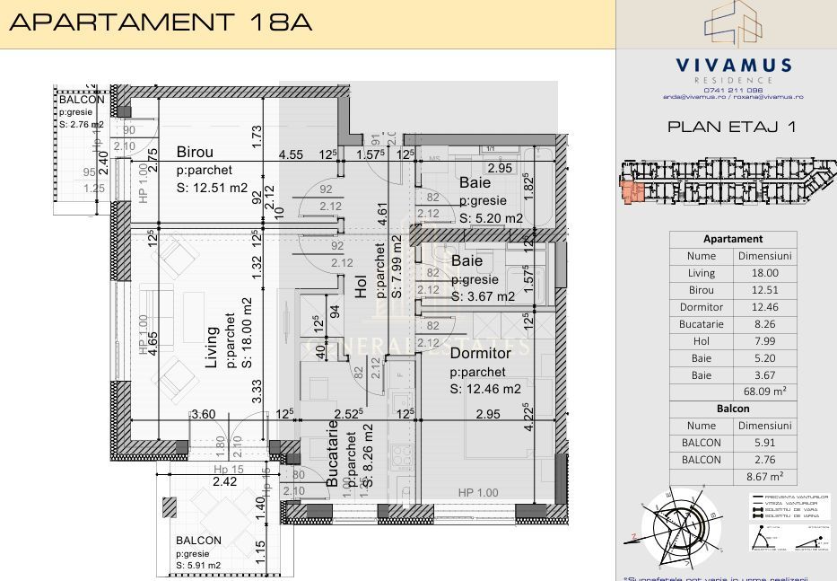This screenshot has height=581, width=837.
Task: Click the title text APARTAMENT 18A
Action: pyautogui.click(x=160, y=22)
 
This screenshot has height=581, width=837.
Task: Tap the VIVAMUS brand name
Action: pyautogui.click(x=733, y=65)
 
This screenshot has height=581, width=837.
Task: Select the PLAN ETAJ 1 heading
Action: pyautogui.click(x=732, y=127)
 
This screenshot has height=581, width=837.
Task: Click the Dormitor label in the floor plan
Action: pyautogui.click(x=480, y=353)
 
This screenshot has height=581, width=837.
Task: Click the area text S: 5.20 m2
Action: pyautogui.click(x=491, y=218)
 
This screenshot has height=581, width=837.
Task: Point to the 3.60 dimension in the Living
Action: pyautogui.click(x=204, y=414)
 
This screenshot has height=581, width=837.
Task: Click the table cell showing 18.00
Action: pyautogui.click(x=764, y=273)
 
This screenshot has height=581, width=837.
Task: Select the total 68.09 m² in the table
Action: pyautogui.click(x=764, y=392)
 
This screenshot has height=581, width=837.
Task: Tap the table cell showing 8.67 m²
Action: pyautogui.click(x=764, y=477)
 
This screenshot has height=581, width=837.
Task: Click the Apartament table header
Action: pyautogui.click(x=733, y=239)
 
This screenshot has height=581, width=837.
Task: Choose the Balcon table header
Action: pyautogui.click(x=733, y=409)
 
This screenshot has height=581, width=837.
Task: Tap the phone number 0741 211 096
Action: pyautogui.click(x=733, y=89)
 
